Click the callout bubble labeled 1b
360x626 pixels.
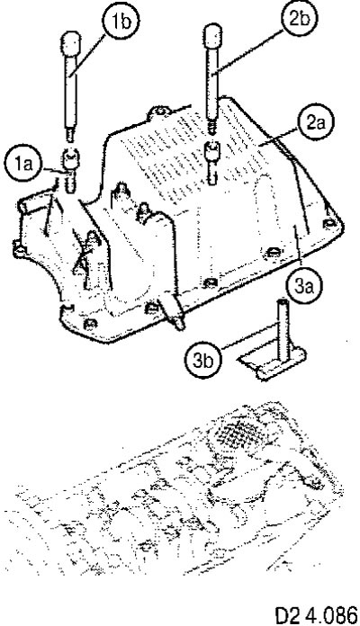(121, 22)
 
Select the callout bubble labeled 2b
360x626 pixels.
(297, 18)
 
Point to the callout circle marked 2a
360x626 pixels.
(316, 123)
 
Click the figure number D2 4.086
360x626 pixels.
(317, 615)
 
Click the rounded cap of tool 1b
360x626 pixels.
(71, 44)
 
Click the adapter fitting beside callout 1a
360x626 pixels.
(71, 169)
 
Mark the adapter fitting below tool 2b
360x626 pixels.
(211, 161)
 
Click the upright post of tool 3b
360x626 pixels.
(282, 325)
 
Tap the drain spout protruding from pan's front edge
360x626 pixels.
(174, 314)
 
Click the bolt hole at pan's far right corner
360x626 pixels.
(329, 224)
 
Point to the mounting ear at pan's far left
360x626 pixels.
(18, 249)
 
